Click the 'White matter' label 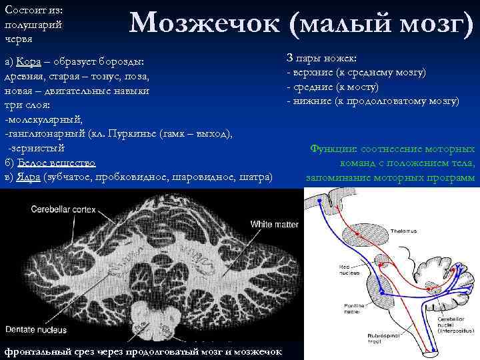[x=275, y=224]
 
